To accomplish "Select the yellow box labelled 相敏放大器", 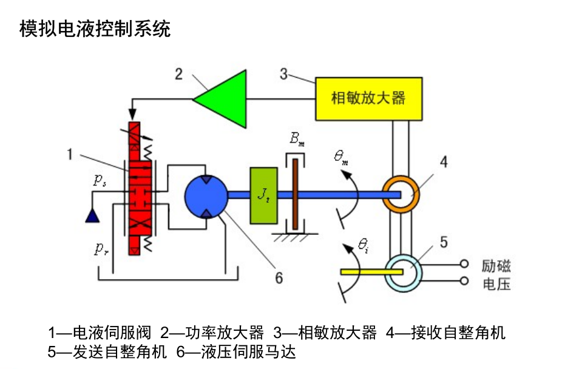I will pyautogui.click(x=368, y=98).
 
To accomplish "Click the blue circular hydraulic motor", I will pyautogui.click(x=206, y=195).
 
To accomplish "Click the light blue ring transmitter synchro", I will pyautogui.click(x=402, y=272).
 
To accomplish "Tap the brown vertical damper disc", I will pyautogui.click(x=294, y=194).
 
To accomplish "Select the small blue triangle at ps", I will pyautogui.click(x=93, y=214).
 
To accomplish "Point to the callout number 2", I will pyautogui.click(x=178, y=74).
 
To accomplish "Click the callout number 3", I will pyautogui.click(x=283, y=74).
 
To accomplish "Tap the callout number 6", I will pyautogui.click(x=279, y=277).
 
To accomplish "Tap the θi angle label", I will pyautogui.click(x=364, y=246).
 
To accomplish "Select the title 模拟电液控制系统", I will pyautogui.click(x=95, y=29).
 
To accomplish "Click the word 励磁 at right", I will pyautogui.click(x=496, y=266).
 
